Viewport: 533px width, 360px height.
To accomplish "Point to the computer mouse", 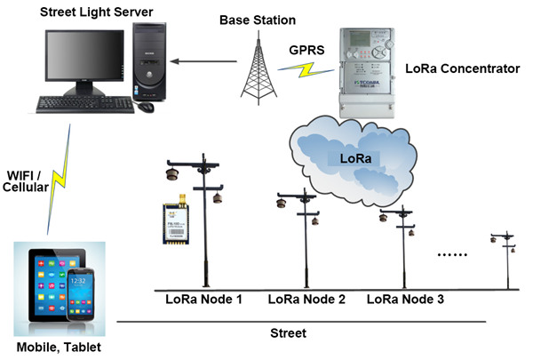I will click(x=145, y=107).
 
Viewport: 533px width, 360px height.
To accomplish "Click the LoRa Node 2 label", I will click(x=306, y=300).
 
